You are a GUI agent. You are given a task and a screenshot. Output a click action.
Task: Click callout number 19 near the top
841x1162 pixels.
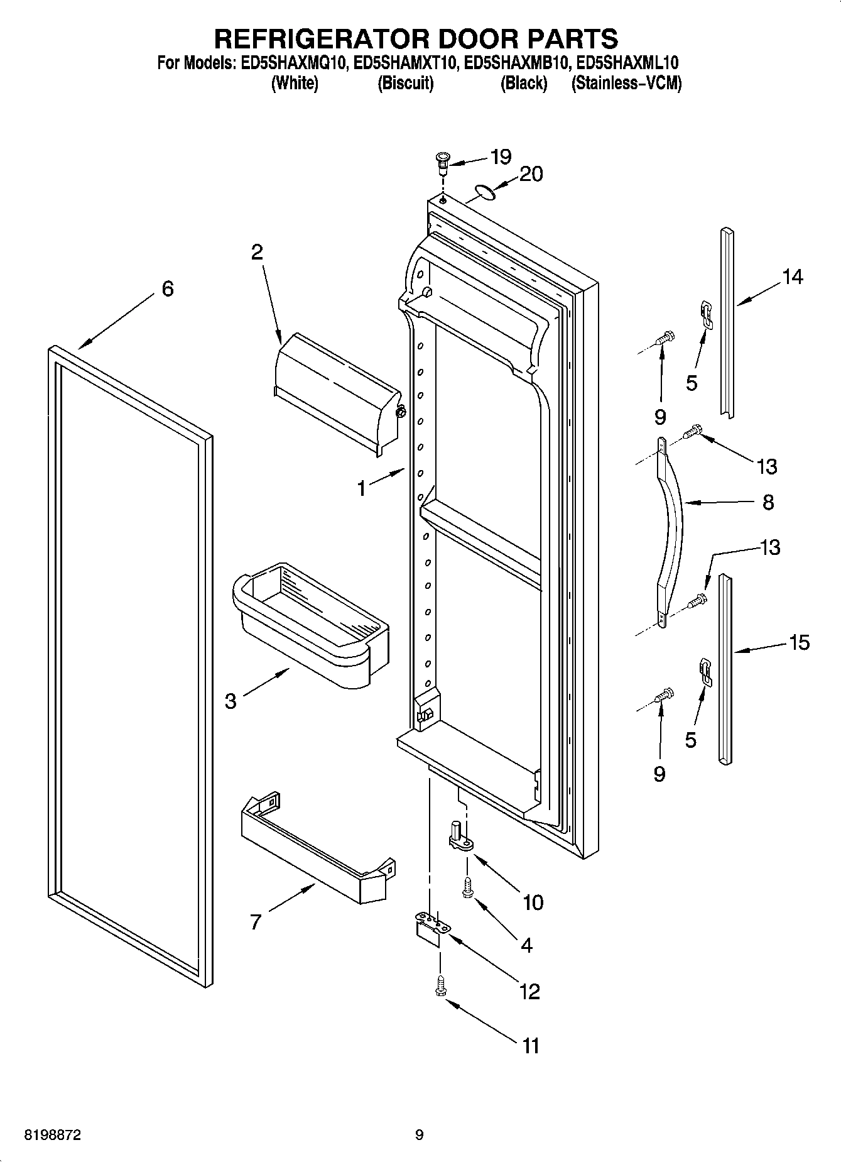coord(501,156)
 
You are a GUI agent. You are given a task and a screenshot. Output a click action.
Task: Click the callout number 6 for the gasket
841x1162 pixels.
coord(167,289)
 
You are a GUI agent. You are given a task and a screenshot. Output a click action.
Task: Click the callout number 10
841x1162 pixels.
coord(533,903)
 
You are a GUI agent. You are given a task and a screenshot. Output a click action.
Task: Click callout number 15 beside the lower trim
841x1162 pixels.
coord(799,643)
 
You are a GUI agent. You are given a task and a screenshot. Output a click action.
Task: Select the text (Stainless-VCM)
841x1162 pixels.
coord(626,83)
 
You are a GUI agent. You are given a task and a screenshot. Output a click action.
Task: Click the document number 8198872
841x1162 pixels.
coord(52,1136)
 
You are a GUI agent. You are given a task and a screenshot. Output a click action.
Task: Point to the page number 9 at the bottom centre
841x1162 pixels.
coord(420,1136)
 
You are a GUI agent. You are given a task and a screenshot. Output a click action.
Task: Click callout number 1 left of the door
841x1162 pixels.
coord(361,488)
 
